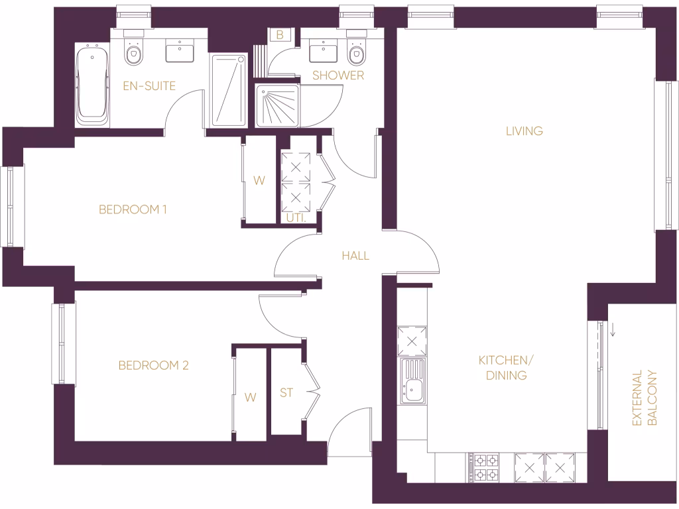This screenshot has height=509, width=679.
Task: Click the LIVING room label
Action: [524, 131]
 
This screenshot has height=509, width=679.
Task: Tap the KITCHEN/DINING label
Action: [503, 368]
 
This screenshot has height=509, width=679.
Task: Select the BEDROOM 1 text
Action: [133, 210]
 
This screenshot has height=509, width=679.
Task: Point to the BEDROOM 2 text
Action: [154, 365]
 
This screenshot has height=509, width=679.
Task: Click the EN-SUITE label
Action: [149, 85]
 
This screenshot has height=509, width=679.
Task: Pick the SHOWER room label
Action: [338, 76]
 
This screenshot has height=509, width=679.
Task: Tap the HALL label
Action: [355, 256]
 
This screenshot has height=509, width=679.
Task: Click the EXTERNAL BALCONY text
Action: [644, 398]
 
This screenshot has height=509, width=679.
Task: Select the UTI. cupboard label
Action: [296, 217]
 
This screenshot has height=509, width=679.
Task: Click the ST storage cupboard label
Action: [286, 393]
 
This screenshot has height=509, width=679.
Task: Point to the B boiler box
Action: [280, 35]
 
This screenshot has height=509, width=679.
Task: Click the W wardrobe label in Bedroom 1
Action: [259, 180]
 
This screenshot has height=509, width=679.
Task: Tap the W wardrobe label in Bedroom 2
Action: [250, 397]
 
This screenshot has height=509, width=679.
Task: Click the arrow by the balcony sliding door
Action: [613, 329]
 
